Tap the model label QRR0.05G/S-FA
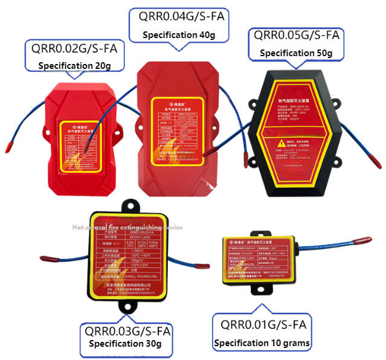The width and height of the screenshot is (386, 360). (x=296, y=36)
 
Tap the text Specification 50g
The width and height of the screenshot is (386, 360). (x=296, y=53)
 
